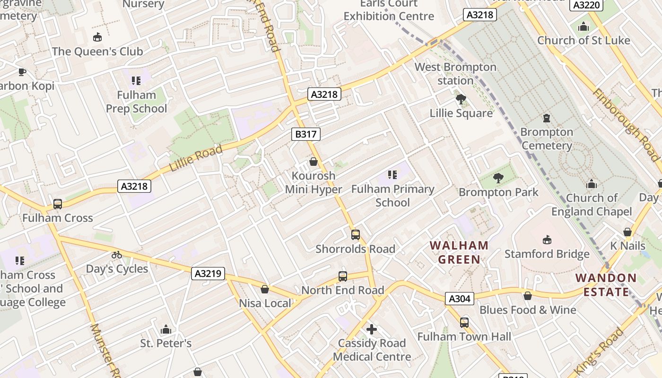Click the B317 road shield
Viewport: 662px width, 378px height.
pyautogui.click(x=305, y=134)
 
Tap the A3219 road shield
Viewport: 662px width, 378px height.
pyautogui.click(x=208, y=273)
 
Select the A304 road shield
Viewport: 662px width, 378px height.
pyautogui.click(x=459, y=299)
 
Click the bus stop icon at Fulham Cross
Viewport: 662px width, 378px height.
pyautogui.click(x=58, y=204)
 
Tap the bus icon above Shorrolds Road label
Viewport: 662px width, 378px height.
pyautogui.click(x=355, y=234)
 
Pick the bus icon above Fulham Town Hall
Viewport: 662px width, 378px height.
pyautogui.click(x=464, y=323)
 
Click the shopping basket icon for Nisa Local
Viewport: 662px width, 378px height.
pyautogui.click(x=265, y=289)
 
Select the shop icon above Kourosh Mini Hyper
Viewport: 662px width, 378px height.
pyautogui.click(x=313, y=162)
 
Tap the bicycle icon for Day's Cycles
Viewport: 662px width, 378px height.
pyautogui.click(x=117, y=255)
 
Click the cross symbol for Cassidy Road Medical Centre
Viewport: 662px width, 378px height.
pyautogui.click(x=372, y=329)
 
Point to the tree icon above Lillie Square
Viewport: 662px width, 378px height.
pyautogui.click(x=461, y=99)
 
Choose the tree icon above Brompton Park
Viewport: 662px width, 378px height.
pyautogui.click(x=498, y=178)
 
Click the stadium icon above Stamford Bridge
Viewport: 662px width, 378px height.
pyautogui.click(x=547, y=240)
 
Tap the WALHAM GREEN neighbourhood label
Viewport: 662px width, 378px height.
pyautogui.click(x=459, y=252)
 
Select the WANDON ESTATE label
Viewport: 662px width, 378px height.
pyautogui.click(x=606, y=285)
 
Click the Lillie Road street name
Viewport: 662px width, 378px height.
pyautogui.click(x=196, y=158)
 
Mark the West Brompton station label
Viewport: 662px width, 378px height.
pyautogui.click(x=455, y=74)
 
